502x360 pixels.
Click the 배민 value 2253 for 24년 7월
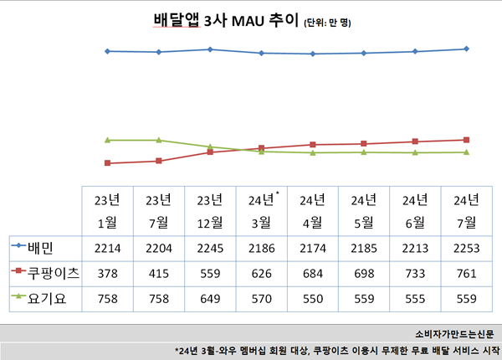click(x=464, y=248)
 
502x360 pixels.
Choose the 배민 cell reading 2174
click(x=312, y=248)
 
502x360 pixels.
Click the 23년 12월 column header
click(x=210, y=210)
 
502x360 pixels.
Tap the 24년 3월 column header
click(x=262, y=210)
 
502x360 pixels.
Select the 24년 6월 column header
click(x=415, y=210)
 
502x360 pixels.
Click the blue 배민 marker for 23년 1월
click(x=108, y=51)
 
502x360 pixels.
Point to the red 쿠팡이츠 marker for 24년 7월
click(x=466, y=140)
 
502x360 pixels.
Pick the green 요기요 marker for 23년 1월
click(x=108, y=140)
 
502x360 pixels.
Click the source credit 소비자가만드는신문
click(x=453, y=332)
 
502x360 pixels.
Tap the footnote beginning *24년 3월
click(x=336, y=350)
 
